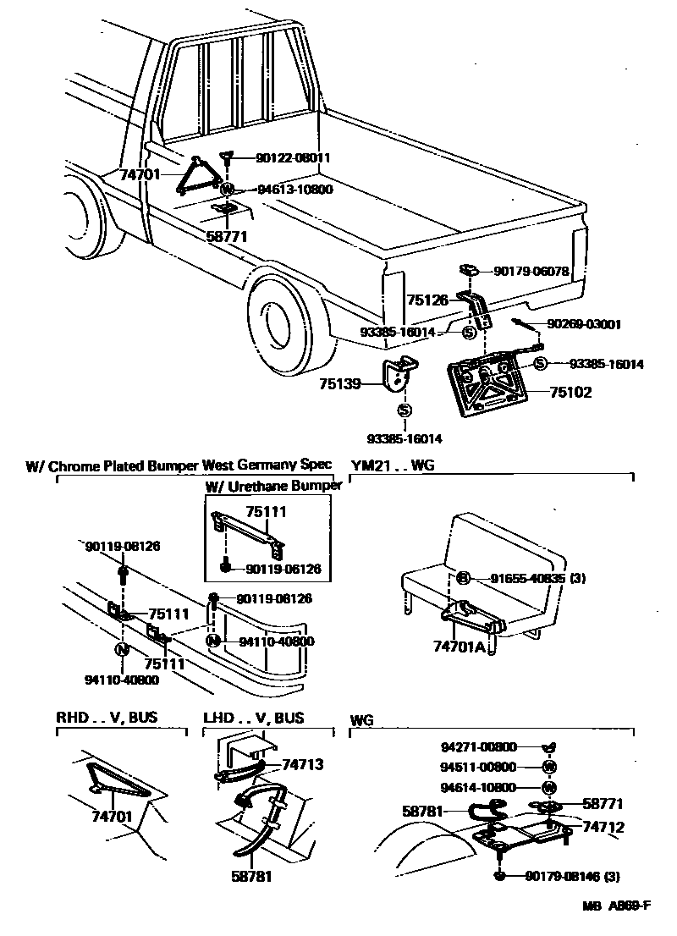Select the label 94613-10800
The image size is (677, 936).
[283, 190]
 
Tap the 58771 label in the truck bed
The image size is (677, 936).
[226, 237]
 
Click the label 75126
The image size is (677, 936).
[428, 300]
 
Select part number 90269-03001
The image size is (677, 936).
[584, 323]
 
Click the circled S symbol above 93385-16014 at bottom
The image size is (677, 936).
[405, 411]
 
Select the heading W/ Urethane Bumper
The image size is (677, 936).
[273, 486]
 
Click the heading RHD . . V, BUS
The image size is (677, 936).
[107, 718]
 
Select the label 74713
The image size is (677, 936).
[302, 763]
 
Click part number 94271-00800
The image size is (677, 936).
[478, 747]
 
